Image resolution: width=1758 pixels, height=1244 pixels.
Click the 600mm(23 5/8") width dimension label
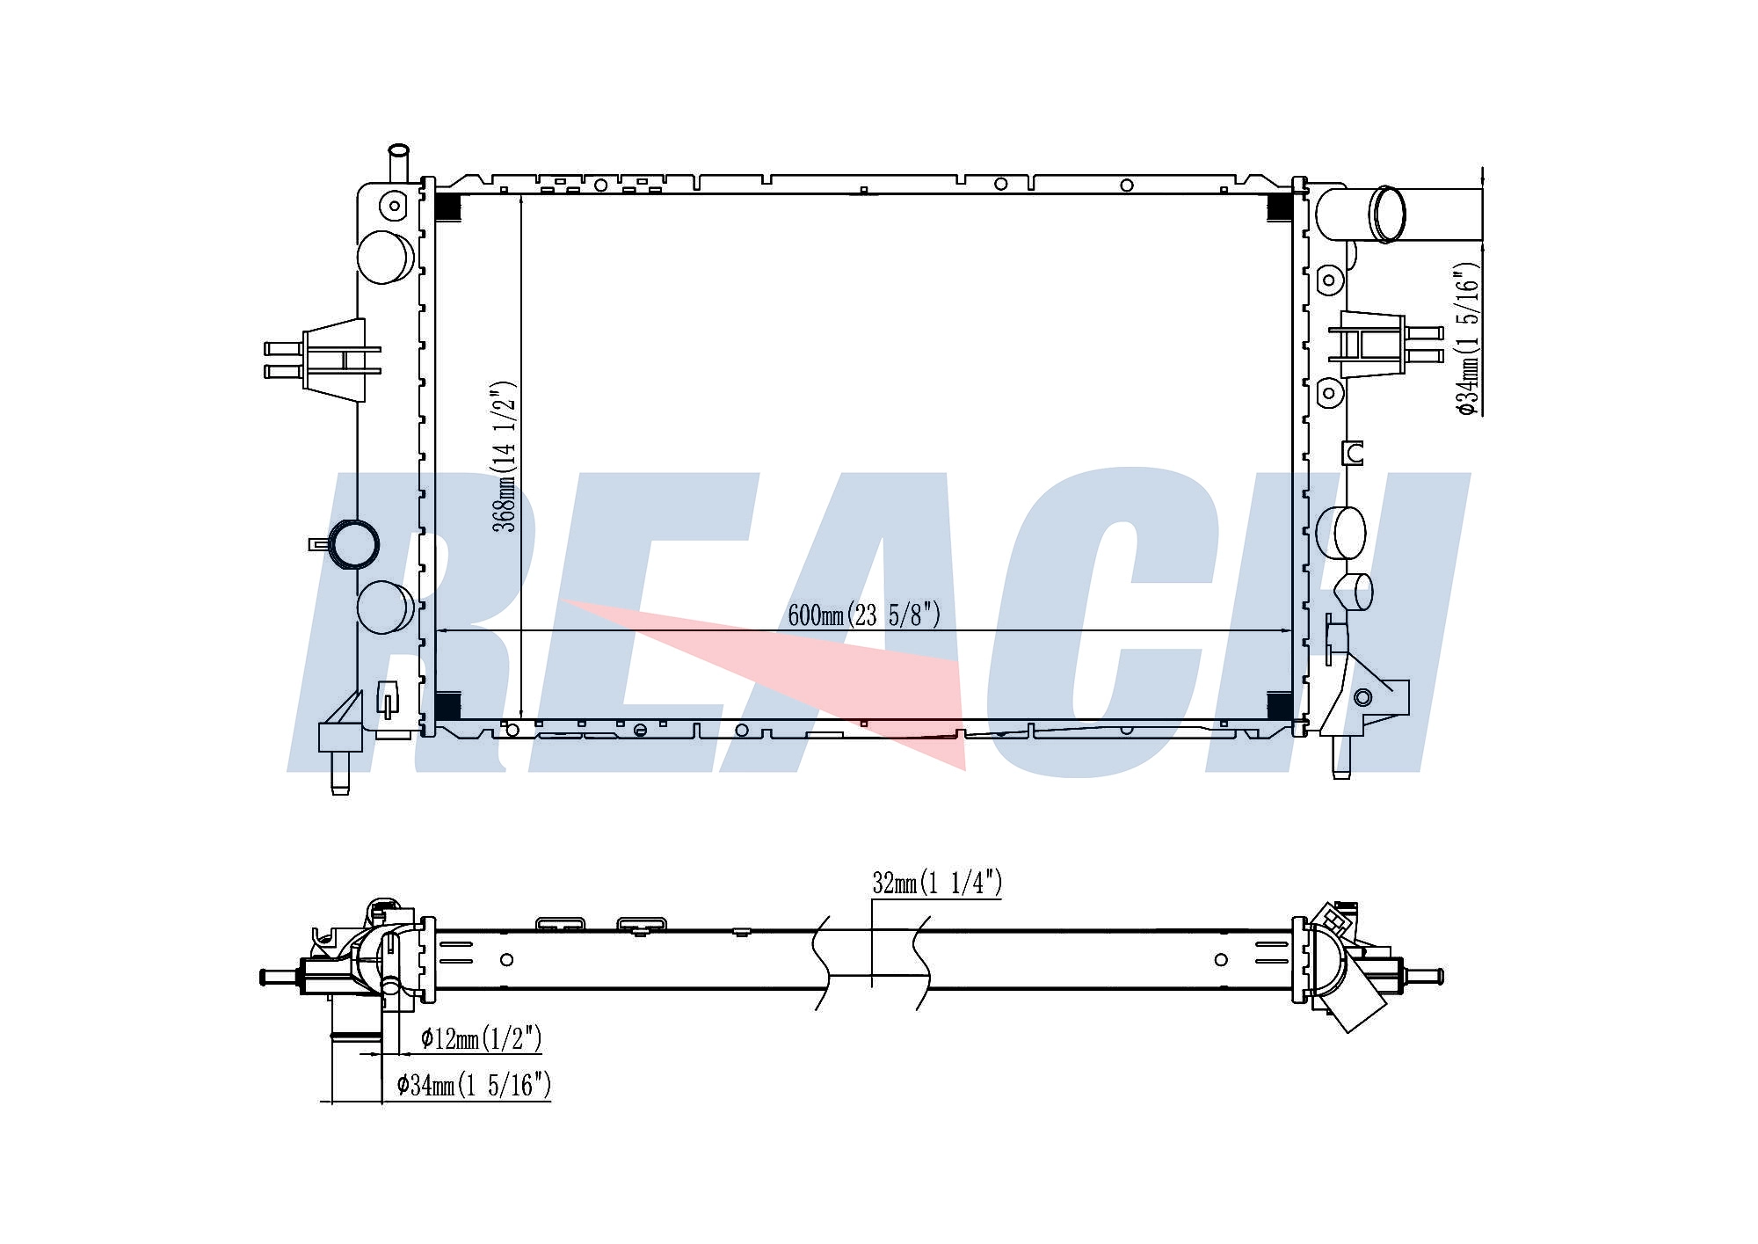pos(864,615)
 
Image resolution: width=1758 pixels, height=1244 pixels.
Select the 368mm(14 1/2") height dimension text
pos(505,456)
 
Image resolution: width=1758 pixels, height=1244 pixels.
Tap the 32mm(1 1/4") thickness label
pos(937,883)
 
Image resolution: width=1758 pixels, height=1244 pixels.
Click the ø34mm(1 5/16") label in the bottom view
pos(474,1085)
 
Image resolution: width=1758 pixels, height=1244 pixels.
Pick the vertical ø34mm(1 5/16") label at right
pos(1469,338)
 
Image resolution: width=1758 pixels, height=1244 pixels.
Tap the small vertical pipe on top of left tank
pos(399,164)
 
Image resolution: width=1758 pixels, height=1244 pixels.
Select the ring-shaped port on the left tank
pos(352,544)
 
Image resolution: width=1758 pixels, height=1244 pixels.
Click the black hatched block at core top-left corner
pos(447,207)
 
